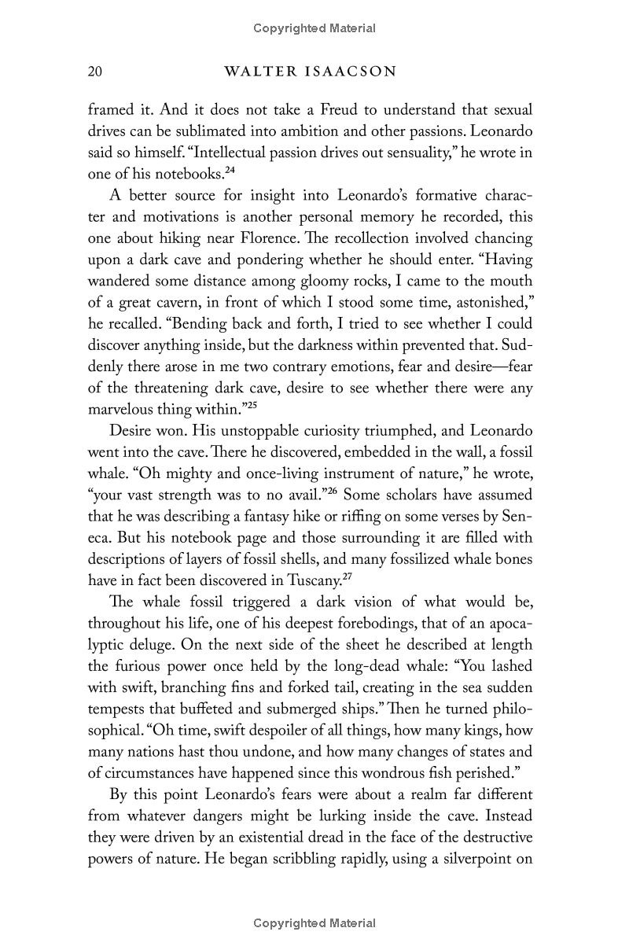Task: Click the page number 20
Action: coord(95,72)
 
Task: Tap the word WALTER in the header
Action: coord(253,72)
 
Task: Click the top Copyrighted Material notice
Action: coord(314,28)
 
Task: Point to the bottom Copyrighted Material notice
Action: coord(314,923)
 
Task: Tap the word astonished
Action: coord(487,302)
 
